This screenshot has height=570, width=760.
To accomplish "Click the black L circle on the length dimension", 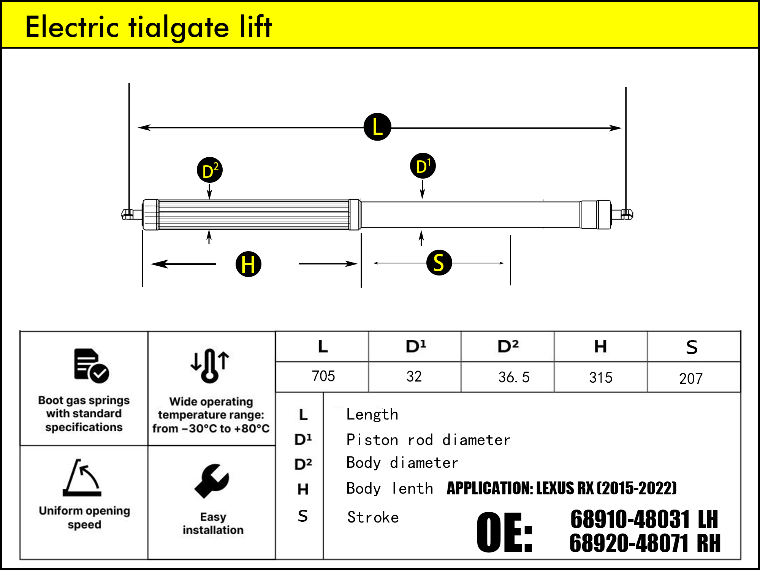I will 377,127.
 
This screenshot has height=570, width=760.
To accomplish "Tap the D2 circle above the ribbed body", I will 210,170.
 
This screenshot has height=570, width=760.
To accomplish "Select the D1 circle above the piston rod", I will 423,166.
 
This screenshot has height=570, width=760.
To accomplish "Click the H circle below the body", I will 248,264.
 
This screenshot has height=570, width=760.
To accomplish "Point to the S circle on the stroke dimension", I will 439,263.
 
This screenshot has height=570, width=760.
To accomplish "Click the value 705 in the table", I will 323,376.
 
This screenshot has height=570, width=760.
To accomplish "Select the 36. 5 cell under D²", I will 513,377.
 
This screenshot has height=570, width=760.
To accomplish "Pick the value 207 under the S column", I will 690,378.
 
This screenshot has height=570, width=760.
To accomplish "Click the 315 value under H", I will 600,377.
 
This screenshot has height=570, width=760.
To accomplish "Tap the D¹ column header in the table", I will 416,346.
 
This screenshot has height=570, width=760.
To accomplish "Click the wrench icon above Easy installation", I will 212,481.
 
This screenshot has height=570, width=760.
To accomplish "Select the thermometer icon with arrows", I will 210,365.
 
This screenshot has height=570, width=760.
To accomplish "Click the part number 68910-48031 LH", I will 644,519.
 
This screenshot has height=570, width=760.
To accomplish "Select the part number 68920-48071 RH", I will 644,543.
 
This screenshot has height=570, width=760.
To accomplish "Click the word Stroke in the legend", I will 373,517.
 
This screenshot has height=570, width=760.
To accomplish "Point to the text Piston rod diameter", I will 428,440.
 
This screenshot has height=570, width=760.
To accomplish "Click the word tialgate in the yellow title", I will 179,27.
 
